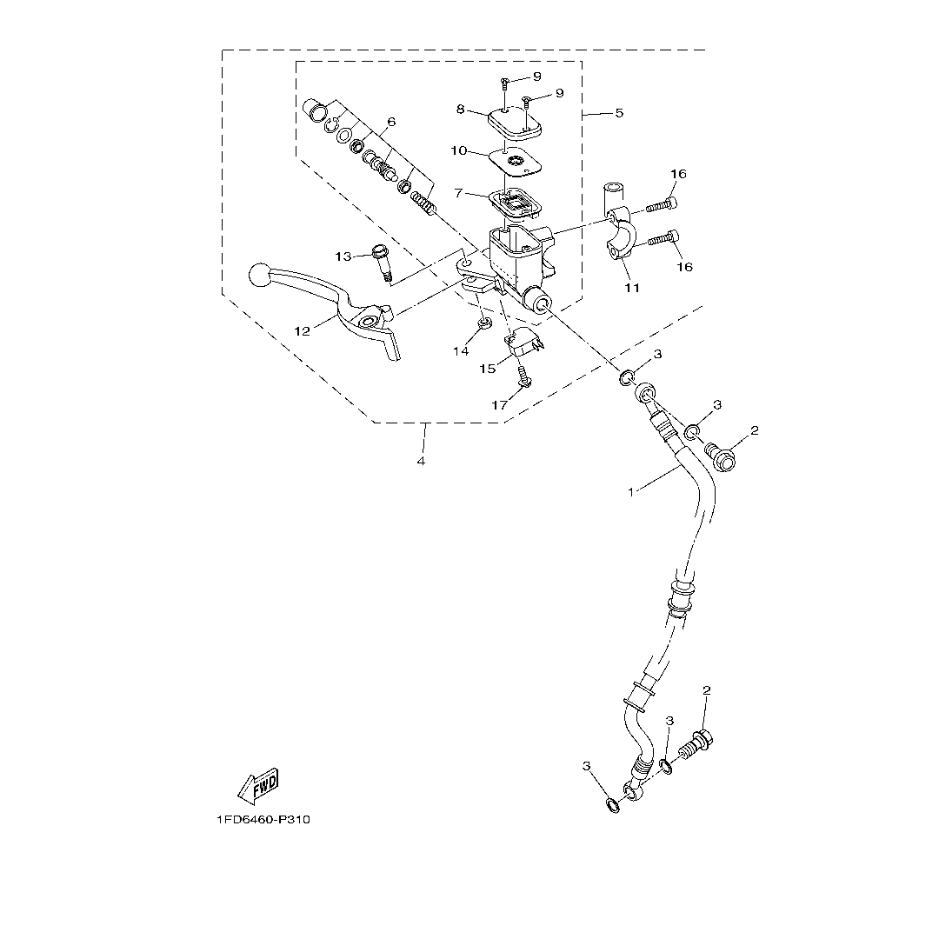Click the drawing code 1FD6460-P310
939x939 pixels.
tap(263, 820)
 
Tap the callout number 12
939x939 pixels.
tap(302, 330)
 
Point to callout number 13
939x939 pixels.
tap(344, 256)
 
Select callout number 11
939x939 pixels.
tap(632, 288)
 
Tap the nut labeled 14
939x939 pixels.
tap(485, 325)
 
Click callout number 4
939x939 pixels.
tap(421, 461)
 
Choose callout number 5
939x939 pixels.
tap(619, 113)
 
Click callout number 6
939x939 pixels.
tap(391, 121)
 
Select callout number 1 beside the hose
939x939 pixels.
tap(631, 492)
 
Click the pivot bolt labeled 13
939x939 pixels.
tap(382, 261)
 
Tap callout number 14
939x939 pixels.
tap(460, 350)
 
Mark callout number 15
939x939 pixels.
tap(489, 369)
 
